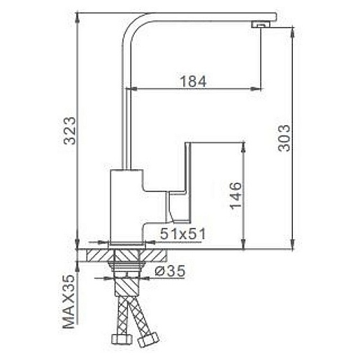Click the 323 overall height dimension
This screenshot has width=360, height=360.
pyautogui.click(x=70, y=131)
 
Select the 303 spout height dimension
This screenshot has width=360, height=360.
pyautogui.click(x=285, y=138)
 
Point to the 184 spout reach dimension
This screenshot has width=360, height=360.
pyautogui.click(x=194, y=81)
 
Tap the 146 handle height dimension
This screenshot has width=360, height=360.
pyautogui.click(x=236, y=196)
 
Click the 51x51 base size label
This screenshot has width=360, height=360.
pyautogui.click(x=183, y=233)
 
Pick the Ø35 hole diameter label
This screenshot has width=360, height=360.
pyautogui.click(x=170, y=271)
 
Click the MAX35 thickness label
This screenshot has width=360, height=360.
pyautogui.click(x=69, y=301)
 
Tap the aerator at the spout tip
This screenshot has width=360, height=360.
pyautogui.click(x=261, y=24)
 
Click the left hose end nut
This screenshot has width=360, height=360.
pyautogui.click(x=121, y=339)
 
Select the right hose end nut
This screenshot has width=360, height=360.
pyautogui.click(x=148, y=340)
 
